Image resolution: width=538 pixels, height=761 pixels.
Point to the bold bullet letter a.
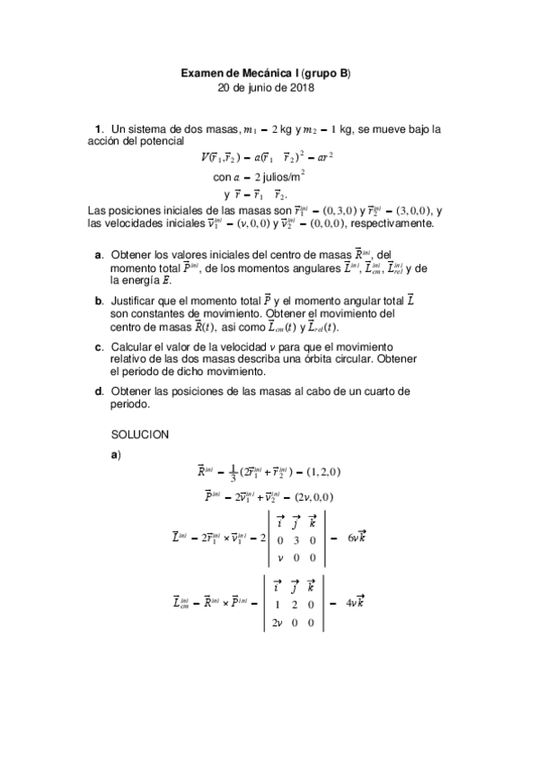click(x=99, y=257)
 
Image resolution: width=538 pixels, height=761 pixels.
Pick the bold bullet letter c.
click(x=99, y=346)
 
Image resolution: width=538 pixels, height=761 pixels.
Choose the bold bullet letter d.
click(x=99, y=391)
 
